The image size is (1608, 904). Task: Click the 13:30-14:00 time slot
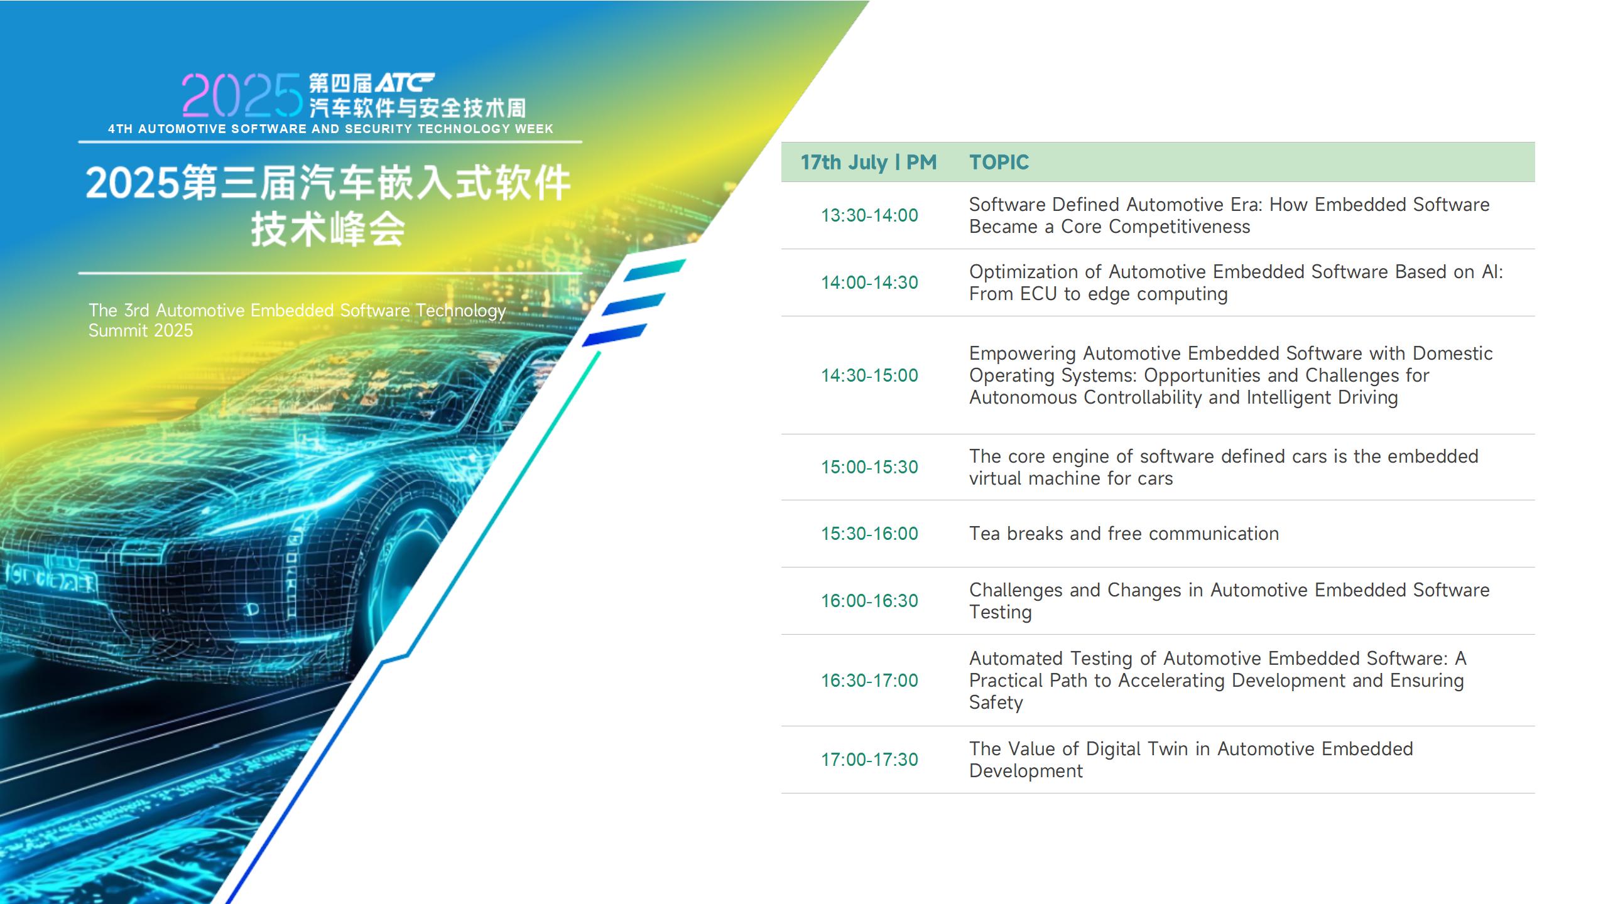[x=869, y=215]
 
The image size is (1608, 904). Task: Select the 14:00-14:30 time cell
[x=869, y=282]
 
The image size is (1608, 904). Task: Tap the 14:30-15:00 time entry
[x=869, y=375]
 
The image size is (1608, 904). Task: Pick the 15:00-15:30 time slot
[x=869, y=467]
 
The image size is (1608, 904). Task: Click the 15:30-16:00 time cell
[x=869, y=534]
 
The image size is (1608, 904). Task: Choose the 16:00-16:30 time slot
[x=869, y=601]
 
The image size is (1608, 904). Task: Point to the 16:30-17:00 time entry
[x=869, y=681]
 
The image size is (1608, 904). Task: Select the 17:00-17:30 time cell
[x=869, y=760]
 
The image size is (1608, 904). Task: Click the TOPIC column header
[x=999, y=162]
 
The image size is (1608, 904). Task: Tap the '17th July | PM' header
[x=868, y=163]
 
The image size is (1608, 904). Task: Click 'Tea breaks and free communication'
[x=1124, y=534]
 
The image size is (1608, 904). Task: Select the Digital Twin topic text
[x=1191, y=760]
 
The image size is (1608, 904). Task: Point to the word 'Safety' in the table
[x=996, y=702]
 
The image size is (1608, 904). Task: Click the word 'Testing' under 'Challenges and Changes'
[x=1000, y=613]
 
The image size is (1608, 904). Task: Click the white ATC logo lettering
[x=404, y=83]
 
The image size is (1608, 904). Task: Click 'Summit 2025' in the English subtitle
[x=141, y=331]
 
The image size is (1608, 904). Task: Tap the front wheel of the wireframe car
[x=402, y=565]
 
